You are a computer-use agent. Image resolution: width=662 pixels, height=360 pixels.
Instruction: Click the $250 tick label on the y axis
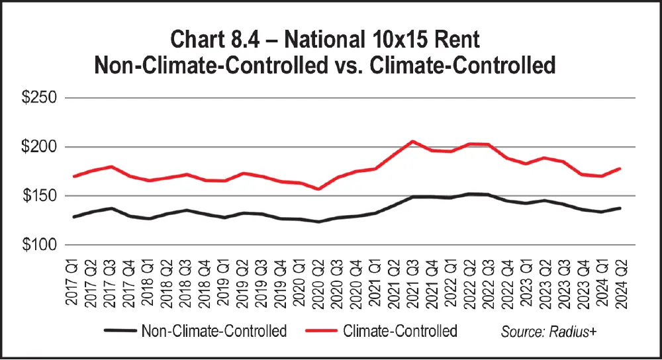click(39, 98)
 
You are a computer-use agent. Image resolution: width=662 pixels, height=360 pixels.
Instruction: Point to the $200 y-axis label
click(39, 147)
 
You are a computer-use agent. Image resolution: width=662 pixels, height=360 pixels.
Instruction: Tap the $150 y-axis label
click(39, 197)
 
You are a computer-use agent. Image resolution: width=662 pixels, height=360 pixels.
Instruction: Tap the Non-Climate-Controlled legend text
click(215, 331)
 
